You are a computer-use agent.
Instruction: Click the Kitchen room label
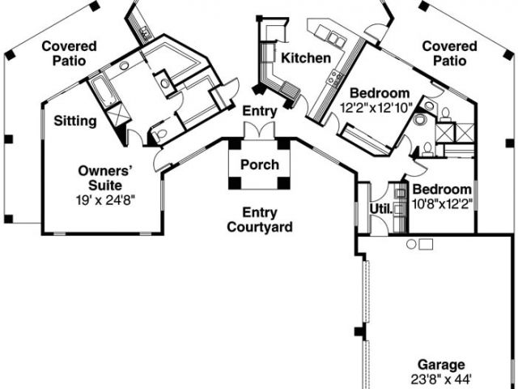click(306, 58)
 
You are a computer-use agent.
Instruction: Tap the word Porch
click(260, 165)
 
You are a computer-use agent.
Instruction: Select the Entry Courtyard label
click(260, 220)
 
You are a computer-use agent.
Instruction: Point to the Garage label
click(441, 365)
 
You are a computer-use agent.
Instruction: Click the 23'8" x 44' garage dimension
click(441, 379)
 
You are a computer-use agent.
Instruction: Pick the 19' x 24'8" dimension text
click(105, 200)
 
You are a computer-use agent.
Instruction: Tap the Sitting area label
click(75, 121)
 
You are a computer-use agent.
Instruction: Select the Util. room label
click(381, 209)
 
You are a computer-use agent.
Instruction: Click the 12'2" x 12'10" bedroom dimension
click(376, 108)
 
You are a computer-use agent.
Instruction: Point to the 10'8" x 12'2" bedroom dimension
click(442, 203)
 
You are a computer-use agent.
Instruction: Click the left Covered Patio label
click(70, 53)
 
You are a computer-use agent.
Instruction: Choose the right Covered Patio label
click(450, 53)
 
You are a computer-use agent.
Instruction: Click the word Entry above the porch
click(260, 111)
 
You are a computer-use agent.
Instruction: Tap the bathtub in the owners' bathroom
click(103, 90)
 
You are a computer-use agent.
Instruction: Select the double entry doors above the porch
click(259, 130)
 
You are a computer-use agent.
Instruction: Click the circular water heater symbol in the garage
click(411, 245)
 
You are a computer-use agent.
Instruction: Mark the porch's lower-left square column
click(235, 183)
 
